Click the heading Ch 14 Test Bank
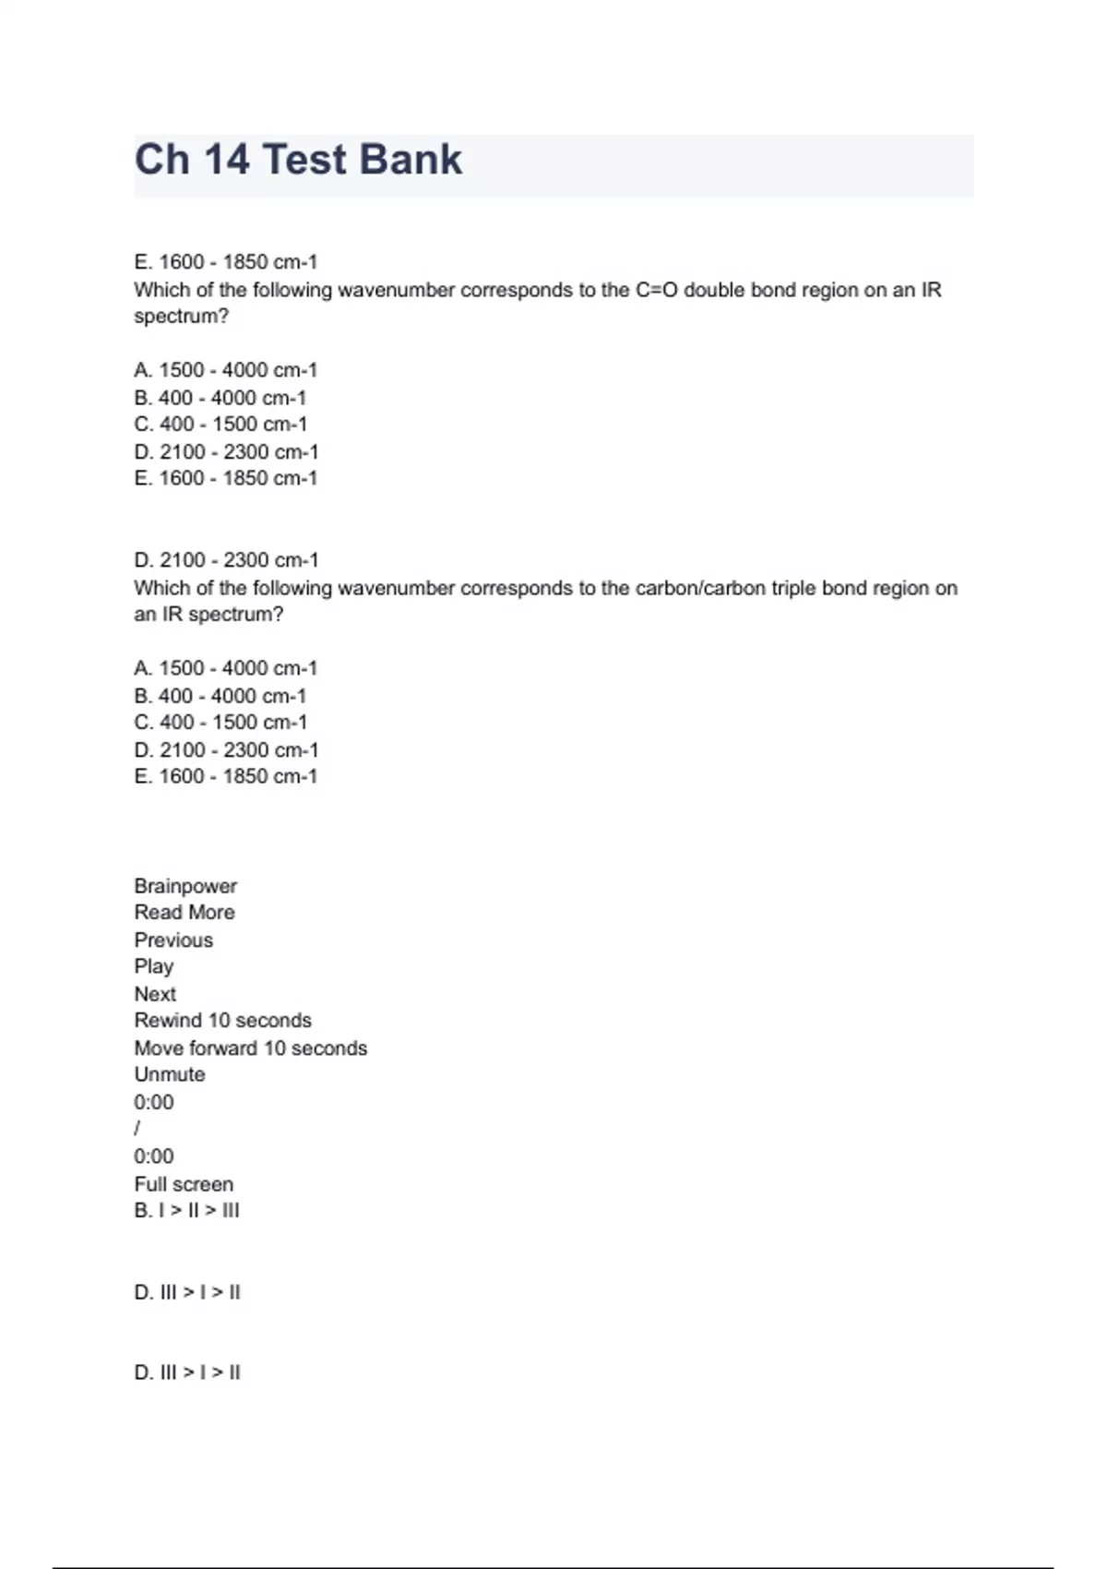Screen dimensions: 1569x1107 (298, 160)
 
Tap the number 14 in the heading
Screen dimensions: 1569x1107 (226, 160)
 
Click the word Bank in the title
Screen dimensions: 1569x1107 (411, 160)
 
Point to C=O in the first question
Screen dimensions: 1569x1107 (656, 290)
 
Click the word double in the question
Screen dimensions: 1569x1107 (715, 290)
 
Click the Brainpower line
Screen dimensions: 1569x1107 (185, 886)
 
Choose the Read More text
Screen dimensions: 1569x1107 (184, 913)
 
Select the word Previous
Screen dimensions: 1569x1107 (173, 940)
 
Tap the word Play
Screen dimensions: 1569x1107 (154, 966)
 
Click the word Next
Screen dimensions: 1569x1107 (155, 994)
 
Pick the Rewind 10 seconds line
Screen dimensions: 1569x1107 (222, 1021)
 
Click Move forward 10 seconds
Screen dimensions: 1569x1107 (250, 1048)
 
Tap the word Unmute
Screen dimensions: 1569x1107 (170, 1074)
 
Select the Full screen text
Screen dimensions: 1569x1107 (184, 1184)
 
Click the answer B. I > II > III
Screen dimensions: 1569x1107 (186, 1210)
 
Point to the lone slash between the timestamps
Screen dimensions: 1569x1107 (137, 1128)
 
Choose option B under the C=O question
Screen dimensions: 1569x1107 (220, 398)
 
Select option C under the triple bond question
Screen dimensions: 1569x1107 (220, 723)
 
